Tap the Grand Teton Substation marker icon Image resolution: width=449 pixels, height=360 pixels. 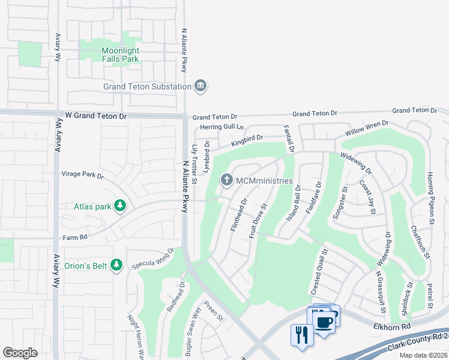pyautogui.click(x=200, y=86)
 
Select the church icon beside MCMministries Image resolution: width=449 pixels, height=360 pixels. pyautogui.click(x=227, y=180)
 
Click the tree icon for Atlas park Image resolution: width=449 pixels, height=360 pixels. pyautogui.click(x=121, y=206)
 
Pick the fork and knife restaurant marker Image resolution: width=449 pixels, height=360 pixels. pyautogui.click(x=301, y=334)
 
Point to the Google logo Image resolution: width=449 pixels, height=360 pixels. pyautogui.click(x=20, y=353)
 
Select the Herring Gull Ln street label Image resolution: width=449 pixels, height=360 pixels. pyautogui.click(x=222, y=127)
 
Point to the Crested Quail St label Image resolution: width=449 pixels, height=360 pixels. pyautogui.click(x=318, y=271)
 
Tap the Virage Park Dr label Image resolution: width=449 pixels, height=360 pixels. pyautogui.click(x=83, y=176)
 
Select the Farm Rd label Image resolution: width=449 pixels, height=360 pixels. pyautogui.click(x=75, y=237)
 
